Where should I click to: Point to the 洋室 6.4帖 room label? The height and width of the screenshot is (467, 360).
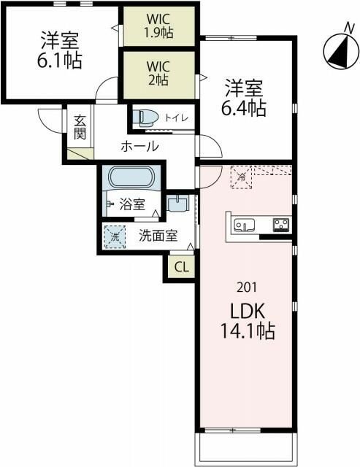tap(245, 99)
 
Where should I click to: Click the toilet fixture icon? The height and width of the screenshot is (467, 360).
tap(145, 117)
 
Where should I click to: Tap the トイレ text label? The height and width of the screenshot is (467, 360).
tap(176, 117)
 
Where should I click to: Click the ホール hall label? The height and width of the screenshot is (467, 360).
tap(139, 147)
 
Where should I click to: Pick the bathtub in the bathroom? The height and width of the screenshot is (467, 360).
tap(131, 177)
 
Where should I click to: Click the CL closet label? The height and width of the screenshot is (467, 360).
tap(181, 267)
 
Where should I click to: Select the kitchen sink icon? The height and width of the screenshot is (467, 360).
tap(244, 224)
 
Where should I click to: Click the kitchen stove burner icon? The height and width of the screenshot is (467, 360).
tap(281, 224)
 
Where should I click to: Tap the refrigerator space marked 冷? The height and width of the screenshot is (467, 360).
tap(240, 177)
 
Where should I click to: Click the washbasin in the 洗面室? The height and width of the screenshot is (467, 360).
tap(177, 204)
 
